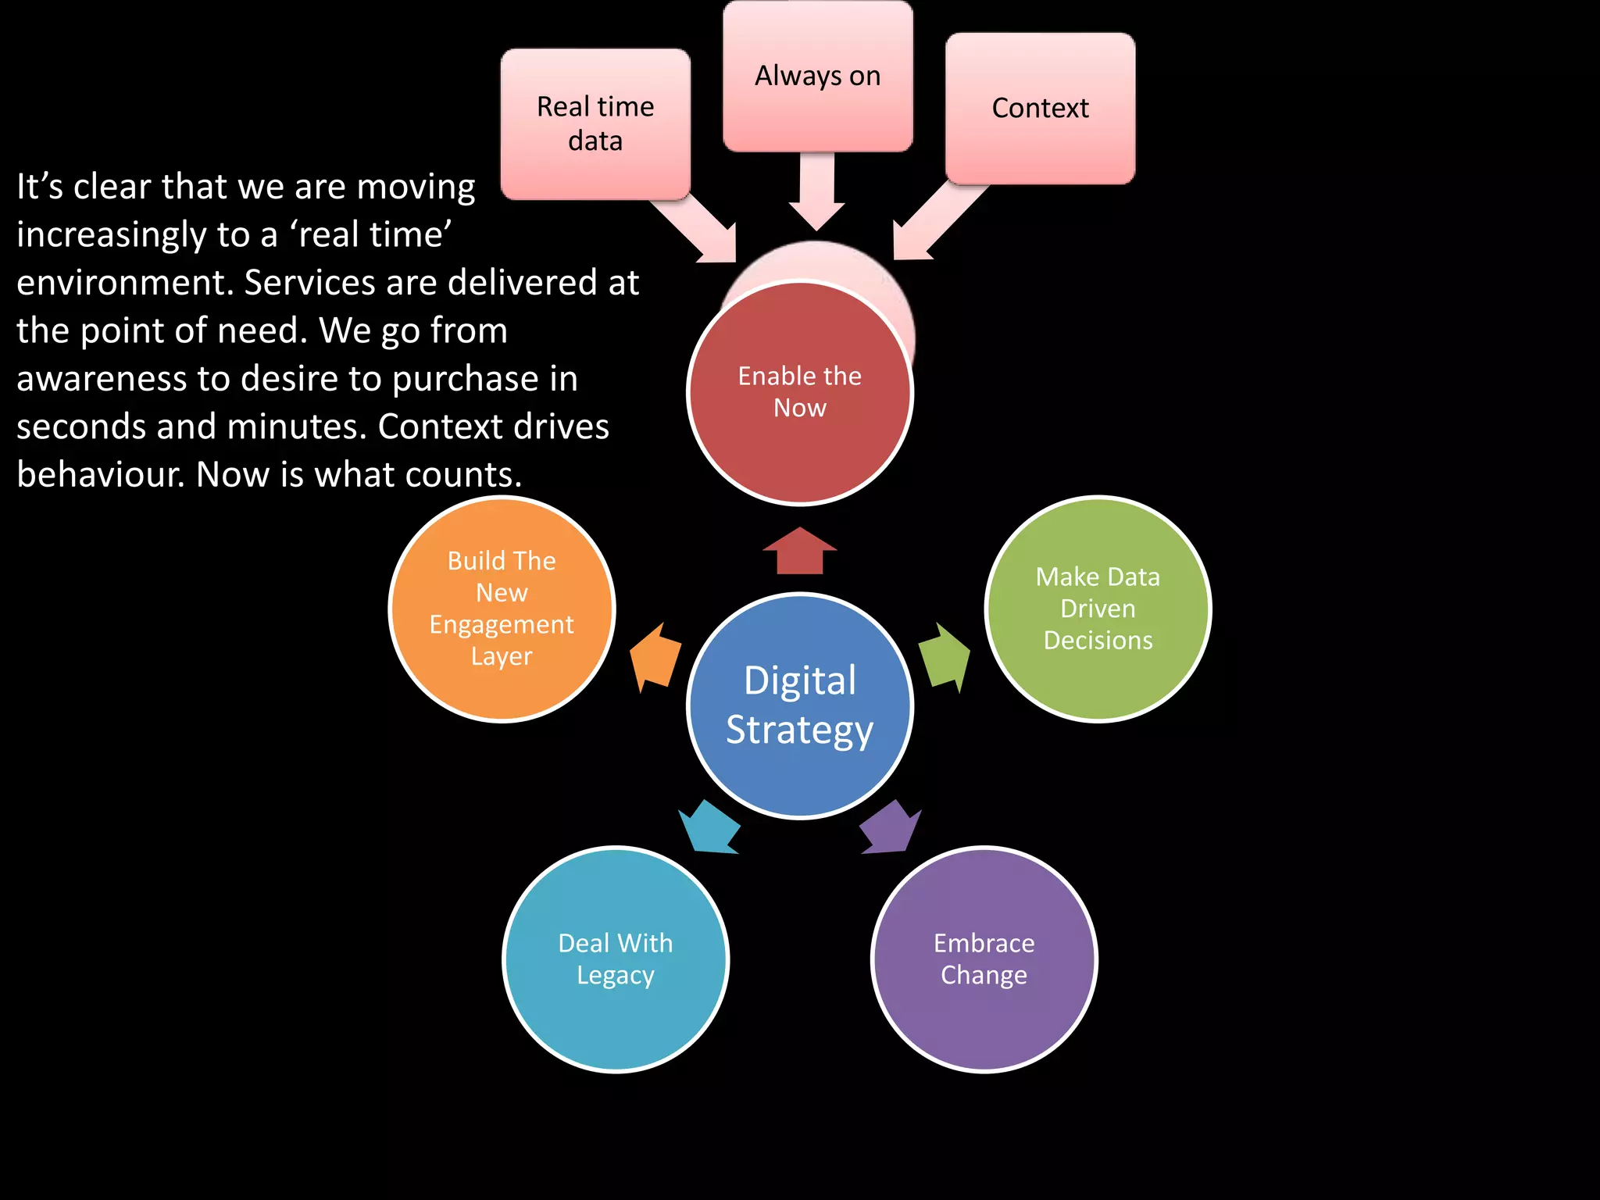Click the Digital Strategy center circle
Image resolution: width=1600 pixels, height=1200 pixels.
(x=800, y=705)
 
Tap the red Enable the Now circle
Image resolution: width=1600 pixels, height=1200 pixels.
(x=800, y=392)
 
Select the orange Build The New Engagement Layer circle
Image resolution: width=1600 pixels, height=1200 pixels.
(x=502, y=609)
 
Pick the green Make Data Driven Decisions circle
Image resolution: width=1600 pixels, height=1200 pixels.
(x=1098, y=609)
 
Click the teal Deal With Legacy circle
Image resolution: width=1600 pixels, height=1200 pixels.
(x=616, y=959)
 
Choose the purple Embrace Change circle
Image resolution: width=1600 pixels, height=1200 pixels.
(x=984, y=959)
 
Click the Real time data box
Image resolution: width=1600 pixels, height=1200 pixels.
(x=595, y=123)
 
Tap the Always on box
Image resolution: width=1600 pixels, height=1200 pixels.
(x=817, y=77)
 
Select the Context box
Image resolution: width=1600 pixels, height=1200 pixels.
(x=1040, y=108)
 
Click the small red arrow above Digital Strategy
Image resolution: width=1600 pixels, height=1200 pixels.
(x=800, y=551)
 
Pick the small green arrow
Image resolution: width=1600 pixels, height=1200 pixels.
(x=946, y=657)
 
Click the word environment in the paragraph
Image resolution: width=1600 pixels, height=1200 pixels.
(x=123, y=283)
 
